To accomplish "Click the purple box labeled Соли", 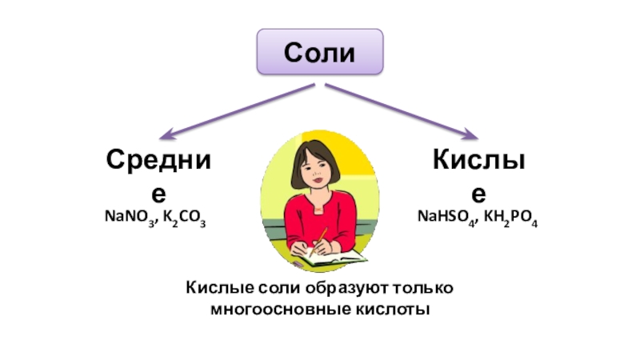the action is point(320,52).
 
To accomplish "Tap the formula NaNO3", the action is point(126,218).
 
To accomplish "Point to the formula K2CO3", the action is point(185,218).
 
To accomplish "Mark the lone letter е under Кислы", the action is point(478,194).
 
